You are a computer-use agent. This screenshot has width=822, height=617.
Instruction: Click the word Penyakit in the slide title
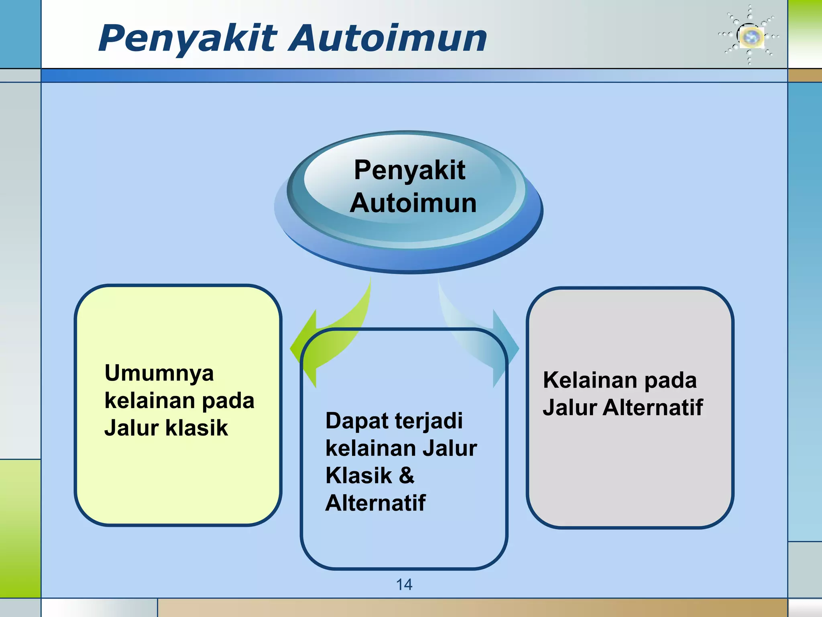pyautogui.click(x=188, y=39)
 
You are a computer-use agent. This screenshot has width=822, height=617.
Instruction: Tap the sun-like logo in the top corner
pyautogui.click(x=750, y=36)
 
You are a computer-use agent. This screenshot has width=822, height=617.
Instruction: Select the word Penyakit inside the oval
pyautogui.click(x=409, y=170)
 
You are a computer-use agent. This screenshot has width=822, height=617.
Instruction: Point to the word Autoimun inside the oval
pyautogui.click(x=413, y=203)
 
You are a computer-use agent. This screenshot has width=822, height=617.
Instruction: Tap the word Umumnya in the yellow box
pyautogui.click(x=159, y=374)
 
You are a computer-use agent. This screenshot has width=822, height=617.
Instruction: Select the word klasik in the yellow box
pyautogui.click(x=197, y=428)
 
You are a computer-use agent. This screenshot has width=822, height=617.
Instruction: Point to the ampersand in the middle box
pyautogui.click(x=406, y=475)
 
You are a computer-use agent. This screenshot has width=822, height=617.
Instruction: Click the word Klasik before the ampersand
pyautogui.click(x=358, y=476)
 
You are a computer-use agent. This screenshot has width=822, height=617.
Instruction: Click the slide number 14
pyautogui.click(x=404, y=584)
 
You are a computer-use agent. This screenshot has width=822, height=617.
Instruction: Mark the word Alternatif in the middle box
pyautogui.click(x=375, y=503)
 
